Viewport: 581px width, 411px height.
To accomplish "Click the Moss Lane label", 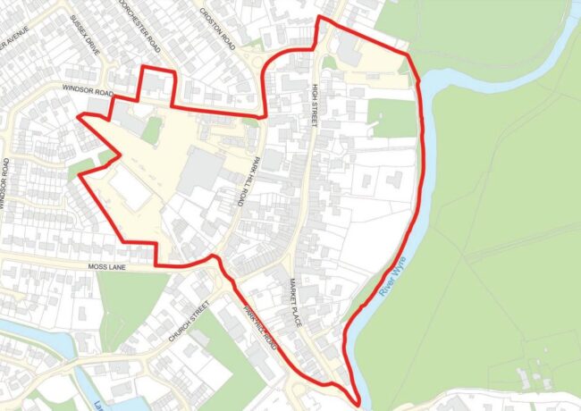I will pos(110,266).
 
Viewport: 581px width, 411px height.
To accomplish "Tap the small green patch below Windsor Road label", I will pos(152,130).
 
